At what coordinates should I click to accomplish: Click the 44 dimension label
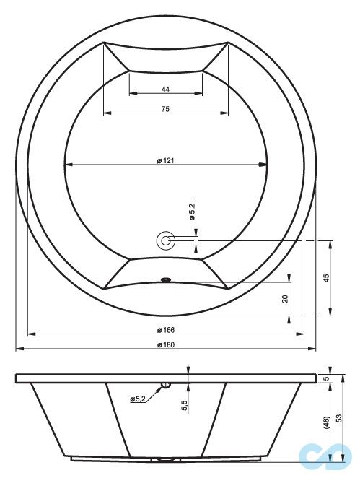click(165, 89)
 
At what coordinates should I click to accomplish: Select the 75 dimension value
click(165, 108)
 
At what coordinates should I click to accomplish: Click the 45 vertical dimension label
click(326, 279)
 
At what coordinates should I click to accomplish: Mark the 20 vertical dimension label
click(285, 298)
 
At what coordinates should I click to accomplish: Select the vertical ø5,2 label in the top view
click(192, 212)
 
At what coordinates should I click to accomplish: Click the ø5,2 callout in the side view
click(139, 399)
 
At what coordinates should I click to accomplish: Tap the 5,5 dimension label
click(185, 406)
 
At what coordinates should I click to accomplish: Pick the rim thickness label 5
click(326, 378)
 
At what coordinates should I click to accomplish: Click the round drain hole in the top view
click(165, 241)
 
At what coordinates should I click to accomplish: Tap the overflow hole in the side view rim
click(165, 384)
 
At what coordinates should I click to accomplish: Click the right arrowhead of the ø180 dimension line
click(312, 349)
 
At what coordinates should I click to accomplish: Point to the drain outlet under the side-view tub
click(165, 460)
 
